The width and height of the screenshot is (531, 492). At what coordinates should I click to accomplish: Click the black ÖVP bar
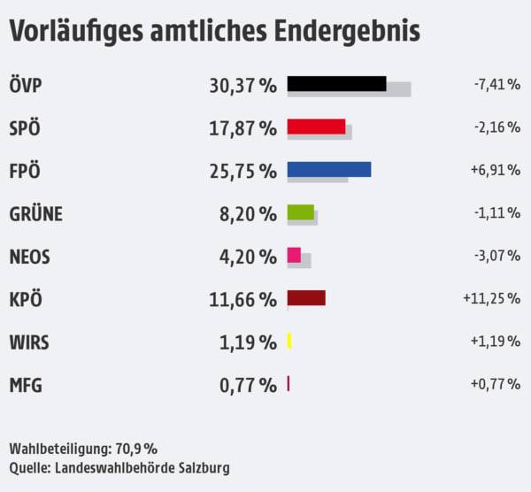point(336,83)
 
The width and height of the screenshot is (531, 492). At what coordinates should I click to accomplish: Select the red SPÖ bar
point(316,126)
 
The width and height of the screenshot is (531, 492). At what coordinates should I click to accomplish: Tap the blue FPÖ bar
point(329,169)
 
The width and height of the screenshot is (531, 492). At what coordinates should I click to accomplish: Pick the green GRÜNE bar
point(301,211)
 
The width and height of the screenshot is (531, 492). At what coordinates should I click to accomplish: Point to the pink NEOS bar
point(294,255)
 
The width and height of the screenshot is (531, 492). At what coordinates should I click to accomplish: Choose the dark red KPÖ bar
point(306,297)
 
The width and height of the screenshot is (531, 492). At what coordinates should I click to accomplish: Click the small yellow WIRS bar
point(289,341)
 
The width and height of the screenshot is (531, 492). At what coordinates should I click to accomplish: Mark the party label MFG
point(25,385)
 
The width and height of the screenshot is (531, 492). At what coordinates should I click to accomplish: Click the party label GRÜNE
point(36,213)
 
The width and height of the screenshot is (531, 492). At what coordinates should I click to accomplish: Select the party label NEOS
point(29,257)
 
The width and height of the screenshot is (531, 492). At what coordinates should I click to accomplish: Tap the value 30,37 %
point(242,85)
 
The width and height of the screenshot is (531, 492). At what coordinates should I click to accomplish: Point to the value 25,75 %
point(242,171)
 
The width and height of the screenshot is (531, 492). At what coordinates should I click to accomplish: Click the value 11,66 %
point(242,299)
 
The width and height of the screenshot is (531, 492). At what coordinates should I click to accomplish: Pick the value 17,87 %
point(242,127)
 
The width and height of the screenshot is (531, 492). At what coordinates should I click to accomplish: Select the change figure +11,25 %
point(490,299)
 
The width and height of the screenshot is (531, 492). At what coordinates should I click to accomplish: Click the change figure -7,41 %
point(496,85)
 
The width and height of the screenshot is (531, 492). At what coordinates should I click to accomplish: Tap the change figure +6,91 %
point(496,171)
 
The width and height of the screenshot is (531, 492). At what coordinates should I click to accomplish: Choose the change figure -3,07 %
point(496,257)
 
